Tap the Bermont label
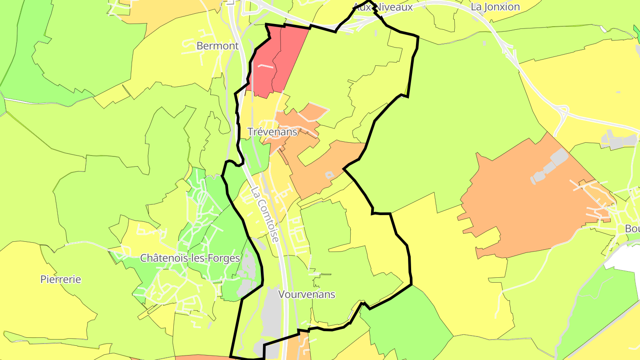[217, 46]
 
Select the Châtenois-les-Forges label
[190, 258]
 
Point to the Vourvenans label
[307, 294]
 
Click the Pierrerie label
[61, 280]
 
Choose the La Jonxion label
[495, 7]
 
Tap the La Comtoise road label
[264, 214]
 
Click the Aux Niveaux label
[383, 7]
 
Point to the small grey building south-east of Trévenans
[329, 175]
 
